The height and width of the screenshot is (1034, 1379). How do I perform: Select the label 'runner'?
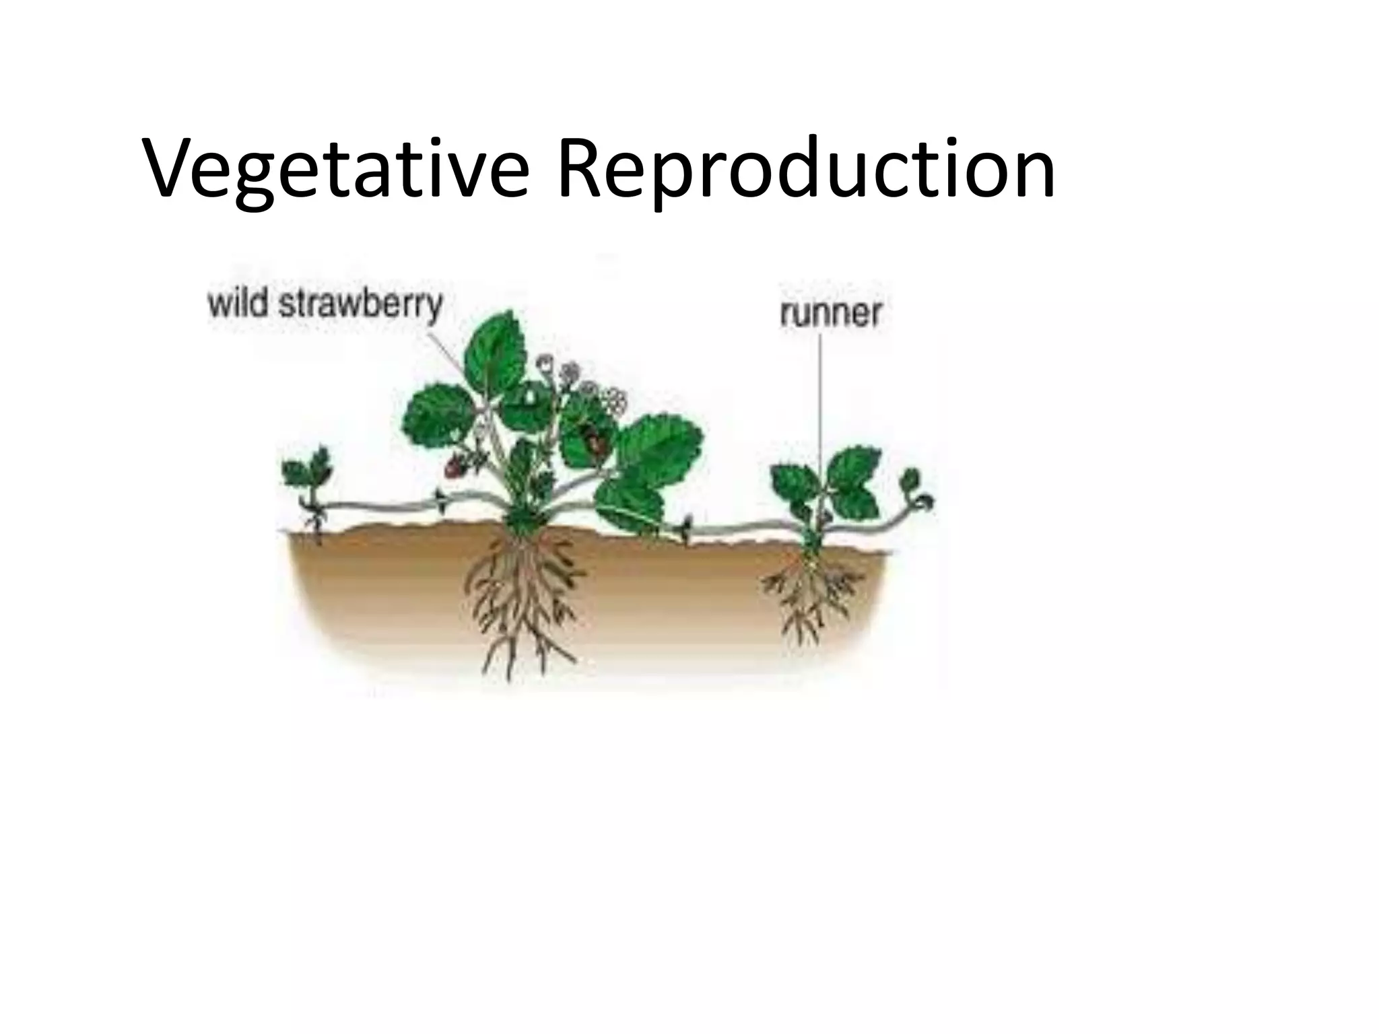(x=830, y=314)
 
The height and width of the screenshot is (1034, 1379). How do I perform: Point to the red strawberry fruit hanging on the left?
(x=456, y=465)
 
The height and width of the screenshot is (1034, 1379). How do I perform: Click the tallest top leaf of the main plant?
(x=498, y=353)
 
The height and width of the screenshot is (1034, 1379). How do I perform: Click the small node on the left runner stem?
(x=440, y=499)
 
